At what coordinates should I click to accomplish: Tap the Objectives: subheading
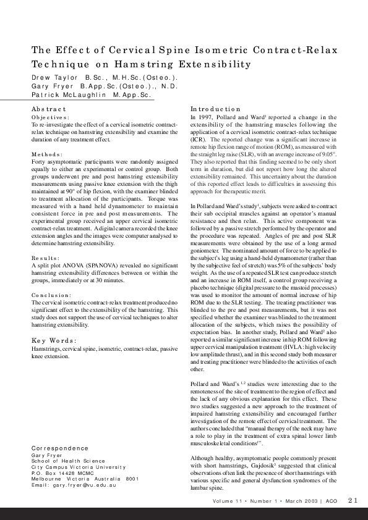51,117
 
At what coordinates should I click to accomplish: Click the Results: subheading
47,258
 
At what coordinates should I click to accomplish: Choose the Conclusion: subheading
52,295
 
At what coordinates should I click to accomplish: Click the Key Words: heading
54,340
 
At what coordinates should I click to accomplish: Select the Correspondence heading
59,448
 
